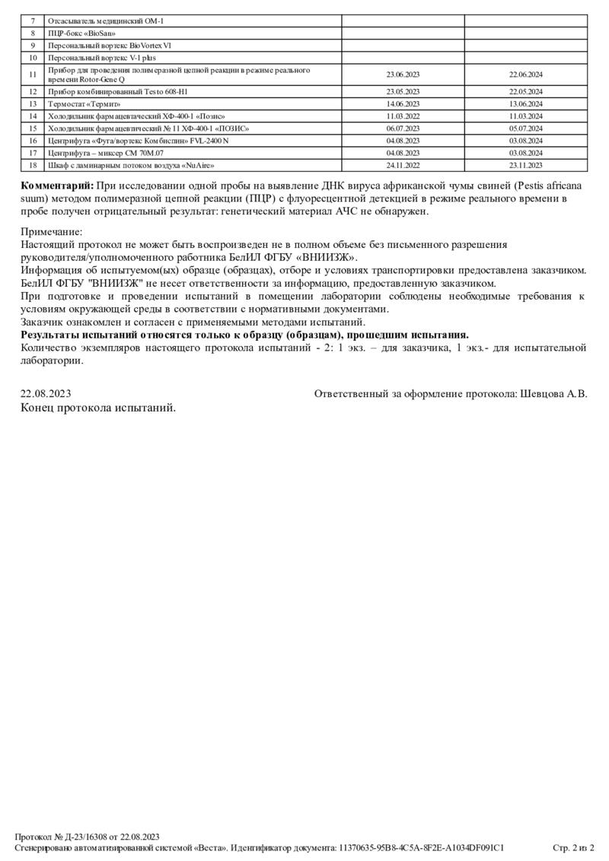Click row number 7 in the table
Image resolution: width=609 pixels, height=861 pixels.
[x=33, y=21]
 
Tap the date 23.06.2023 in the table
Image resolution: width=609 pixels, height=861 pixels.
[x=403, y=75]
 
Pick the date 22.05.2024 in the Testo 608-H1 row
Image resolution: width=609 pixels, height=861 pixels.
[x=525, y=91]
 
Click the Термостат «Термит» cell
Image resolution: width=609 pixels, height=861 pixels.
[x=84, y=103]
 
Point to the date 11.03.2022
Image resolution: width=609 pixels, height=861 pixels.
[x=403, y=116]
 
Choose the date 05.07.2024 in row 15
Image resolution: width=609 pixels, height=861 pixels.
[x=525, y=129]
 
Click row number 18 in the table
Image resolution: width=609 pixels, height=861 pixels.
[x=33, y=165]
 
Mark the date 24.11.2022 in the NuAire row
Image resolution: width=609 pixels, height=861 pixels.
[x=403, y=165]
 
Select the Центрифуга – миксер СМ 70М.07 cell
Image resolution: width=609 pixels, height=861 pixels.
[x=106, y=153]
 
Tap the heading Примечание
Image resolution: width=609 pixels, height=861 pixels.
[x=52, y=231]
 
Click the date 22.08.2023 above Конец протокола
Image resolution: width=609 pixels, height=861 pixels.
[x=46, y=394]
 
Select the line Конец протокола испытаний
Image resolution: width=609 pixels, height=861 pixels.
[x=98, y=408]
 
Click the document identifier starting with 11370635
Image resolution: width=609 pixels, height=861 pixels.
[x=421, y=847]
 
